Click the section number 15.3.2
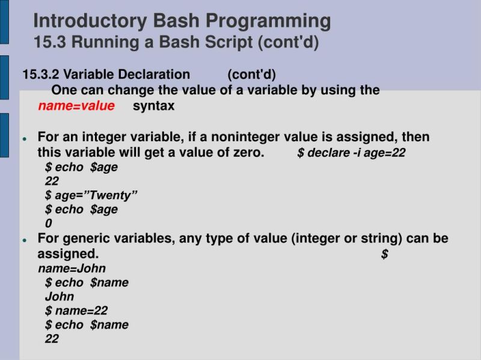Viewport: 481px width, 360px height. pos(41,75)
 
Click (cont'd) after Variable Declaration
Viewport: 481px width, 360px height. pos(251,75)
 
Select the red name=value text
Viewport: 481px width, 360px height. pos(76,106)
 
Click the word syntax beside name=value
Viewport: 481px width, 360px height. pos(153,106)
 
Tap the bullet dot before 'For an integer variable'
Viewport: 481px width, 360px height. pos(25,138)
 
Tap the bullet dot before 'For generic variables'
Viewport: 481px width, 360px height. pos(25,239)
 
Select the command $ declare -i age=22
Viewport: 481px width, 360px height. pos(351,153)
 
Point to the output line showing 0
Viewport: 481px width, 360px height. pos(49,224)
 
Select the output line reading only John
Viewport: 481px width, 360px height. pos(60,296)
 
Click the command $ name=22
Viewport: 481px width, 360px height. pos(76,311)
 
